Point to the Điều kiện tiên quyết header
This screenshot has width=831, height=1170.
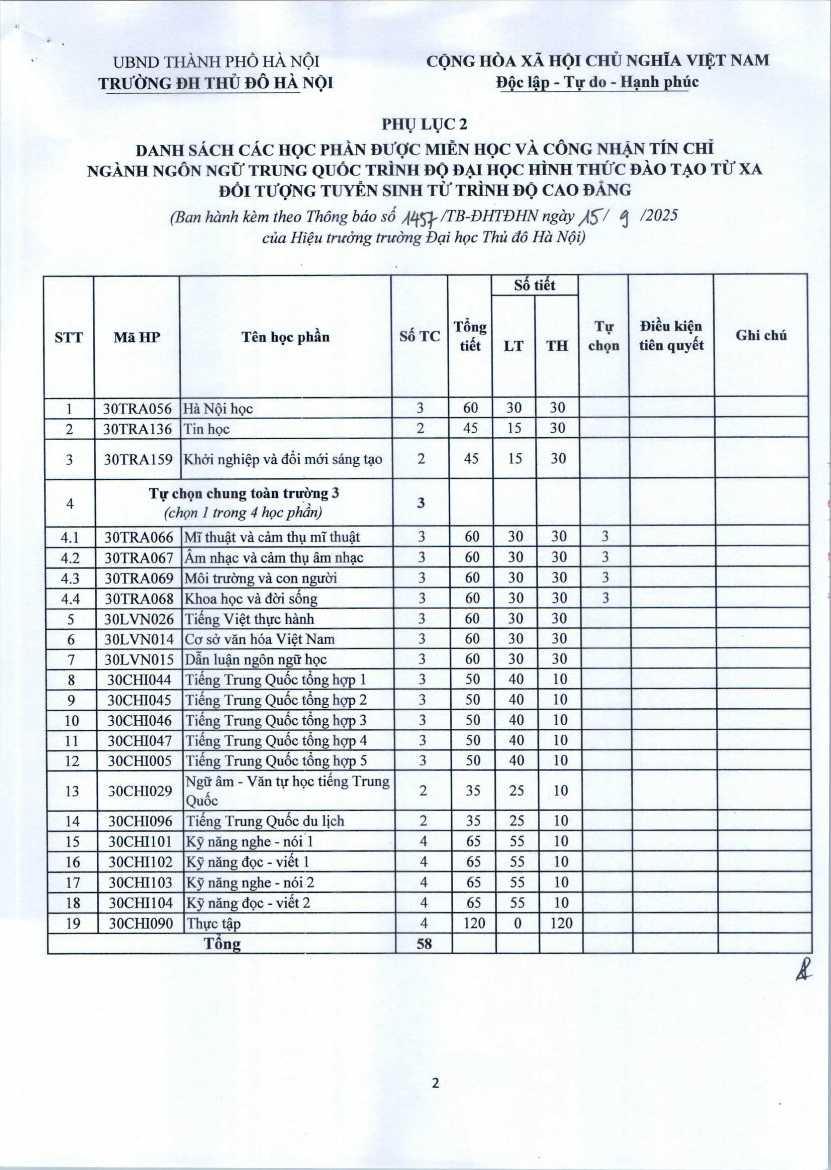coord(671,336)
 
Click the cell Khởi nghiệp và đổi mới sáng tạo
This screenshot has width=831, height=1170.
coord(283,459)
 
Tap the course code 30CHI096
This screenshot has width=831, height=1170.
coord(140,821)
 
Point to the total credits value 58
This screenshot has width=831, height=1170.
coord(424,943)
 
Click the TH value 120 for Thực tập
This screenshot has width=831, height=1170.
coord(561,923)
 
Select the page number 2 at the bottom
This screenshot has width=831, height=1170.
coord(436,1083)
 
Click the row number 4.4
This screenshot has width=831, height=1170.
coord(71,598)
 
